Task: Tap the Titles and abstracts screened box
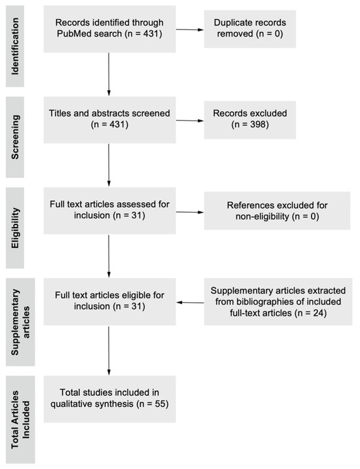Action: (109, 120)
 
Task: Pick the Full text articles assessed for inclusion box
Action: (109, 211)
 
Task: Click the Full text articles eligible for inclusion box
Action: (109, 303)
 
